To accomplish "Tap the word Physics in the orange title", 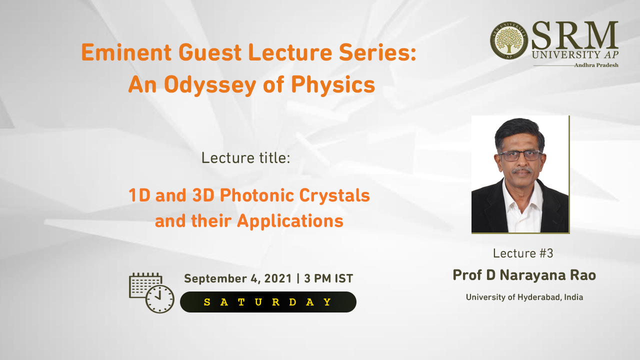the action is pos(333,85).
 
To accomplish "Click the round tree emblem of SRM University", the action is pos(509,40).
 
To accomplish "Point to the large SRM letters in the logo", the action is pos(575,35).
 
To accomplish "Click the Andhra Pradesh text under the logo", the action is pos(596,65).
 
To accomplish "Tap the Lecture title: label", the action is pos(245,158).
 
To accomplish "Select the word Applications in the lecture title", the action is pos(290,221).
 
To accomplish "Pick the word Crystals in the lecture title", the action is pos(334,196).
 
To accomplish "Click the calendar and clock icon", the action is pos(151,293).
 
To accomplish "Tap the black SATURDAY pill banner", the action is pos(268,302).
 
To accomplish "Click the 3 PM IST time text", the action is pos(328,278).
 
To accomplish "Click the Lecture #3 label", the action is pos(523,253).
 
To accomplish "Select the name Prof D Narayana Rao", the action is pos(524,275).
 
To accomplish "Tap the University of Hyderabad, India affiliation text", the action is pos(524,297).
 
